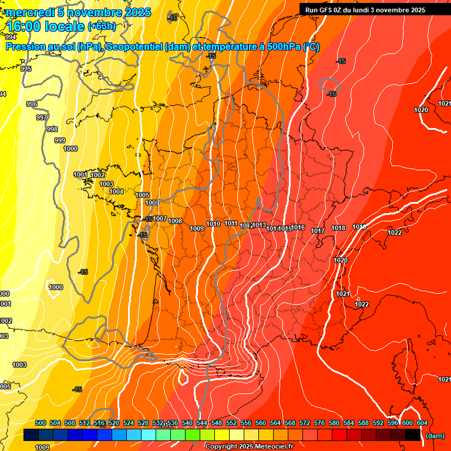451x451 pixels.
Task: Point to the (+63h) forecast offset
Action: point(101,26)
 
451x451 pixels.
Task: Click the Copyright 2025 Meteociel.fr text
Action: point(249,447)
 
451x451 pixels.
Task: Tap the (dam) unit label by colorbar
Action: point(435,436)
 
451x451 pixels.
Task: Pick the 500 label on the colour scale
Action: point(41,423)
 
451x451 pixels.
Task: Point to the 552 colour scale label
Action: point(232,423)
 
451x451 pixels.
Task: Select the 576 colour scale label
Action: point(320,423)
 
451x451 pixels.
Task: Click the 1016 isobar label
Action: point(298,227)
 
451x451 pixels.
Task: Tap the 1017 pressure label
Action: point(318,231)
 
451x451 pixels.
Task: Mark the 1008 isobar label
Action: point(175,221)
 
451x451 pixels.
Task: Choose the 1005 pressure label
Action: point(142,195)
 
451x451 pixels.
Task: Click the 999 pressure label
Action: point(60,140)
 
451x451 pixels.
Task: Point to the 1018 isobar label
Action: point(338,228)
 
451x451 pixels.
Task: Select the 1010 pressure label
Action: point(213,224)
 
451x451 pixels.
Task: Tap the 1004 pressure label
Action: point(116,191)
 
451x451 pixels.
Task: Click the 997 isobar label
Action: point(42,117)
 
